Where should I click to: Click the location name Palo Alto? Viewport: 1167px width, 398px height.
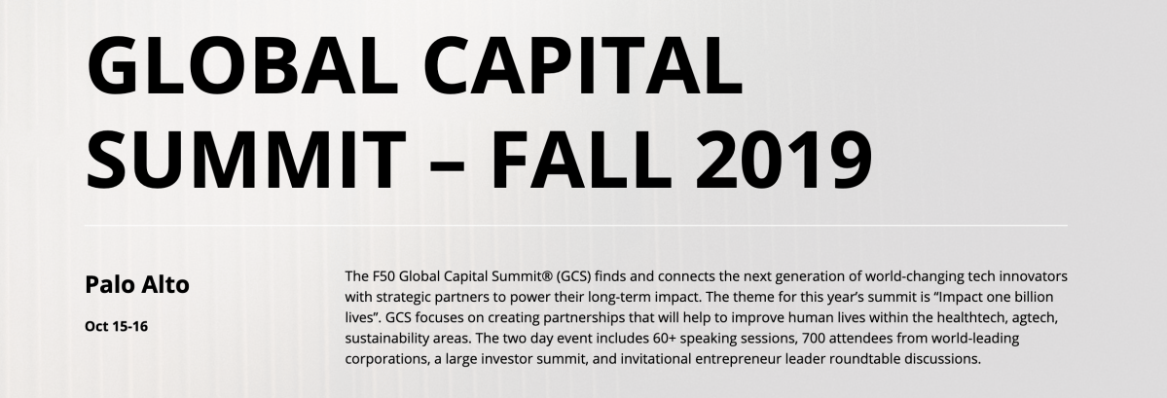click(x=136, y=285)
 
